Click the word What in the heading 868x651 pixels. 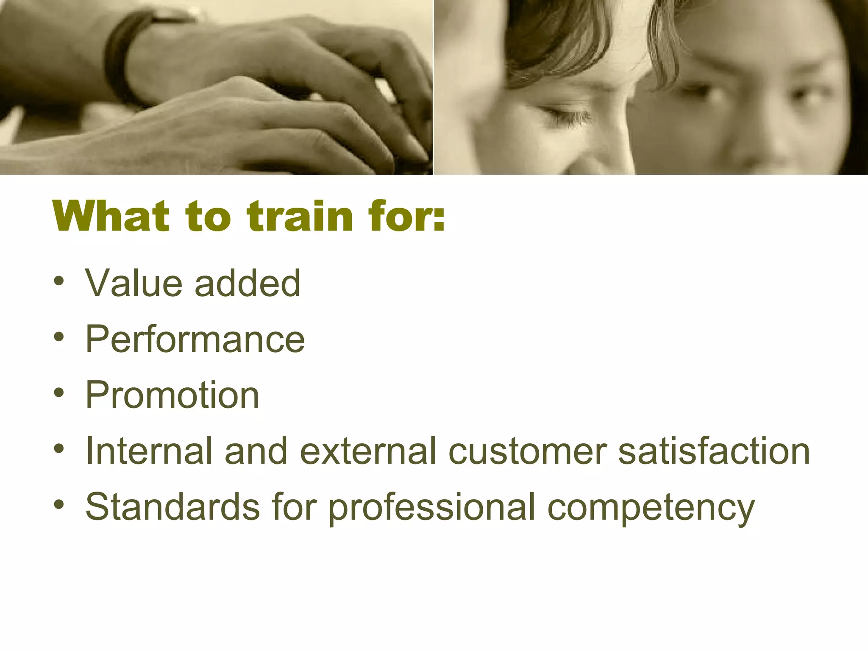[x=111, y=217]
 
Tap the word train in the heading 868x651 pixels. [x=300, y=217]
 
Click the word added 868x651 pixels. [x=248, y=283]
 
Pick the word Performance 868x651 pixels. [x=195, y=339]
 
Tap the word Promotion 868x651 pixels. [x=172, y=395]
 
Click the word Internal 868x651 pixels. [x=149, y=451]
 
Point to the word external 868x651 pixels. [x=368, y=451]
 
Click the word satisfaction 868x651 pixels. [x=714, y=451]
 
